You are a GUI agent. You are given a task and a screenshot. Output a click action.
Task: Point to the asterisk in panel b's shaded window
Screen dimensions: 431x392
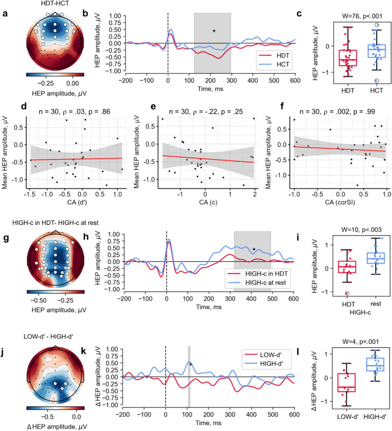pos(214,30)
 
